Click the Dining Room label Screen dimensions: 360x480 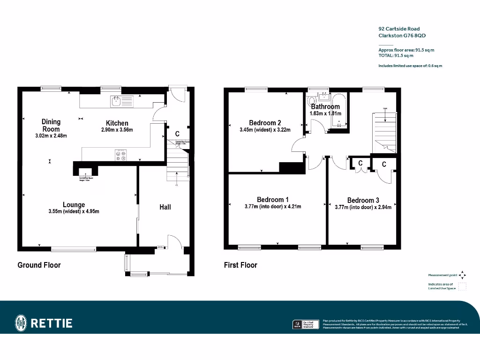tap(51, 125)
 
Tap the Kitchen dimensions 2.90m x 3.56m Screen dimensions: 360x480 tap(117, 130)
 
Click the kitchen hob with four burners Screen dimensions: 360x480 tap(120, 155)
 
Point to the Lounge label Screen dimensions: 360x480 tap(74, 204)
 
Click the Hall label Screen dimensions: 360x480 tap(165, 207)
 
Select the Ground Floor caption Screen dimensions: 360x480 tap(39, 265)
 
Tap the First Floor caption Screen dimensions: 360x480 tap(240, 265)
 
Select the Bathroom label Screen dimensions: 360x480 tap(325, 107)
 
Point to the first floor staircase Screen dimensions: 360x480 tap(384, 132)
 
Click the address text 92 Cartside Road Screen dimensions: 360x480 tap(399, 29)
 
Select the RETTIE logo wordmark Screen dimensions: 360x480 tap(51, 323)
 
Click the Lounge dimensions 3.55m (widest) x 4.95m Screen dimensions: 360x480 tap(74, 211)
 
